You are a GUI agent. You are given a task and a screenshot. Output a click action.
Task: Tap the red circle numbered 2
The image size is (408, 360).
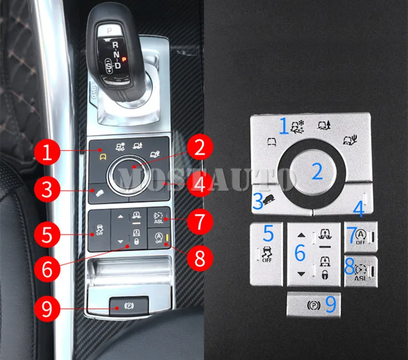[199, 148]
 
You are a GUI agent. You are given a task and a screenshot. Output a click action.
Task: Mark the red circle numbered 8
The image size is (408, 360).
[199, 257]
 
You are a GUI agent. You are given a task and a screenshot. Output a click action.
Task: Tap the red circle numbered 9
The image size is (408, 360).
[47, 308]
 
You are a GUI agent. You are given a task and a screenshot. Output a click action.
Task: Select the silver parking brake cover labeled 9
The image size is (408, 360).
[314, 305]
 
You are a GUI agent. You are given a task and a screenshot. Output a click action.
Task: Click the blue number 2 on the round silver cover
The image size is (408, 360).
[317, 172]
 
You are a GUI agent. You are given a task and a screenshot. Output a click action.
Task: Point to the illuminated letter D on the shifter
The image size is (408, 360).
[118, 65]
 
